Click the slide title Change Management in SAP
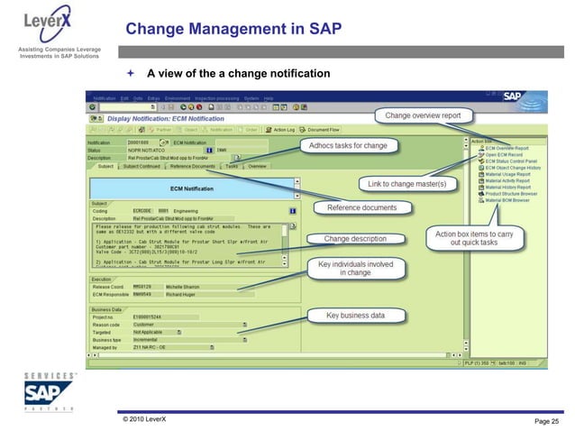click(x=233, y=29)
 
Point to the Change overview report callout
click(x=423, y=115)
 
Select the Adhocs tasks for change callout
click(x=349, y=145)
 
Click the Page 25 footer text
click(x=543, y=421)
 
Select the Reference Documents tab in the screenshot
click(x=192, y=167)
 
